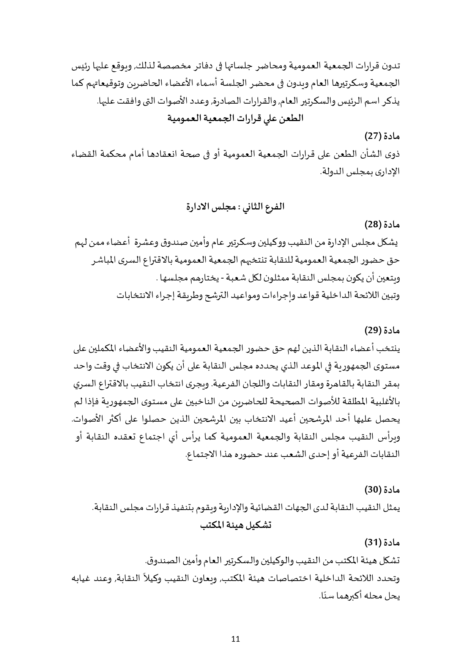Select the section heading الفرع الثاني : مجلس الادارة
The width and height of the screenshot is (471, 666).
click(235, 207)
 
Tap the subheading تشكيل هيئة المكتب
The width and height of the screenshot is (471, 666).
click(235, 525)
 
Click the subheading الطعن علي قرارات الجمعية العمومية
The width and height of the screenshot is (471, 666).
click(235, 118)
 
